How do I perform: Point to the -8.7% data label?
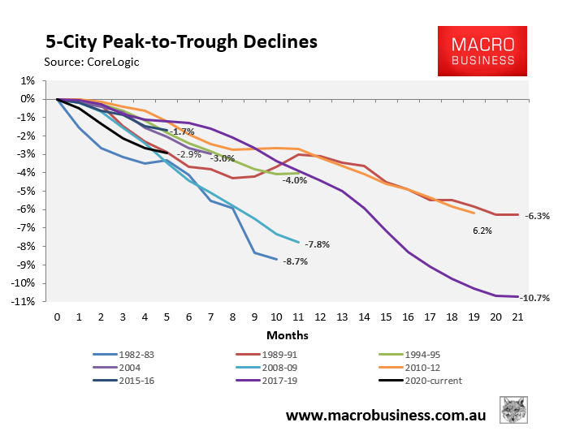click(296, 261)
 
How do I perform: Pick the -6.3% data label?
click(538, 216)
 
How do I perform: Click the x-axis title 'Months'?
click(287, 334)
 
